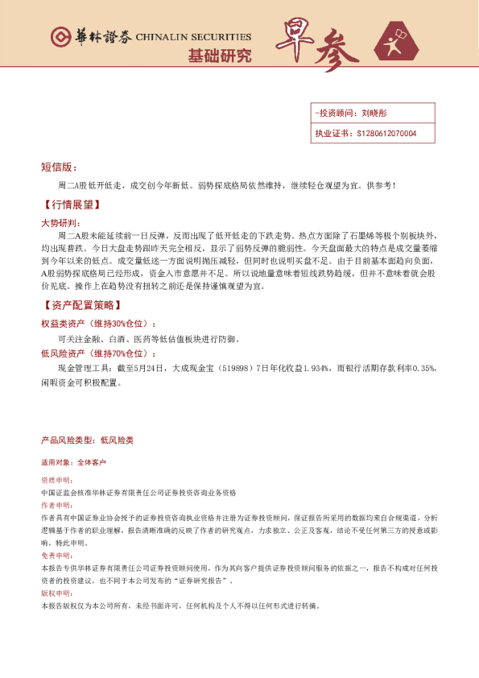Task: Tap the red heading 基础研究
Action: [x=219, y=56]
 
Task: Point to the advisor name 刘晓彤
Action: [x=375, y=114]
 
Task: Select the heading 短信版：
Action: [x=59, y=167]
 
